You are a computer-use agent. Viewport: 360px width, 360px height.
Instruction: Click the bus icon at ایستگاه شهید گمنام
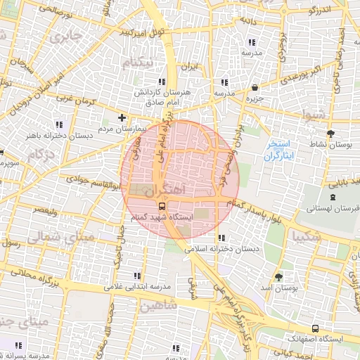(162, 206)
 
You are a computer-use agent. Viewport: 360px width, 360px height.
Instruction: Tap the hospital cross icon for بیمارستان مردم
(122, 117)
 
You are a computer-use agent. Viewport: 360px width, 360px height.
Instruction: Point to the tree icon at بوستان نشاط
(330, 133)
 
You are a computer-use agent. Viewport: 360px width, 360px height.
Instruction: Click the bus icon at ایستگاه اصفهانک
(314, 328)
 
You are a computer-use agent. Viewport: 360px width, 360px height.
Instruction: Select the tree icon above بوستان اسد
(279, 276)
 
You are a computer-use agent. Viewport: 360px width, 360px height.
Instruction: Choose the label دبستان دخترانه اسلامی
(221, 249)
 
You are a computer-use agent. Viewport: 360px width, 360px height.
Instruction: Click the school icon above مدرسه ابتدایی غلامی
(136, 275)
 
